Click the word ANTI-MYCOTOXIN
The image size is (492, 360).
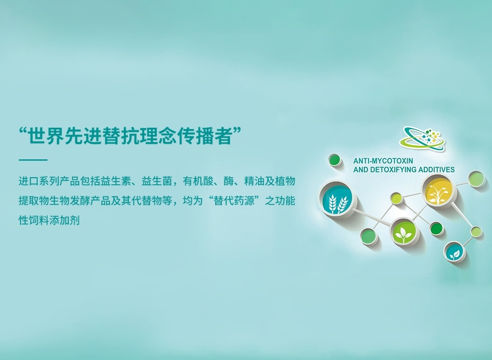pyautogui.click(x=383, y=161)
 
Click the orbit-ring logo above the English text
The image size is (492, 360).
pyautogui.click(x=422, y=139)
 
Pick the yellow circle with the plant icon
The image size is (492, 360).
pyautogui.click(x=439, y=190)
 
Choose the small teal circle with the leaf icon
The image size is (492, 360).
pyautogui.click(x=455, y=252)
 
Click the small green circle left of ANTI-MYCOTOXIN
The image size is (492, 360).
pyautogui.click(x=334, y=160)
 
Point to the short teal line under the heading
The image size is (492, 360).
pyautogui.click(x=33, y=160)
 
